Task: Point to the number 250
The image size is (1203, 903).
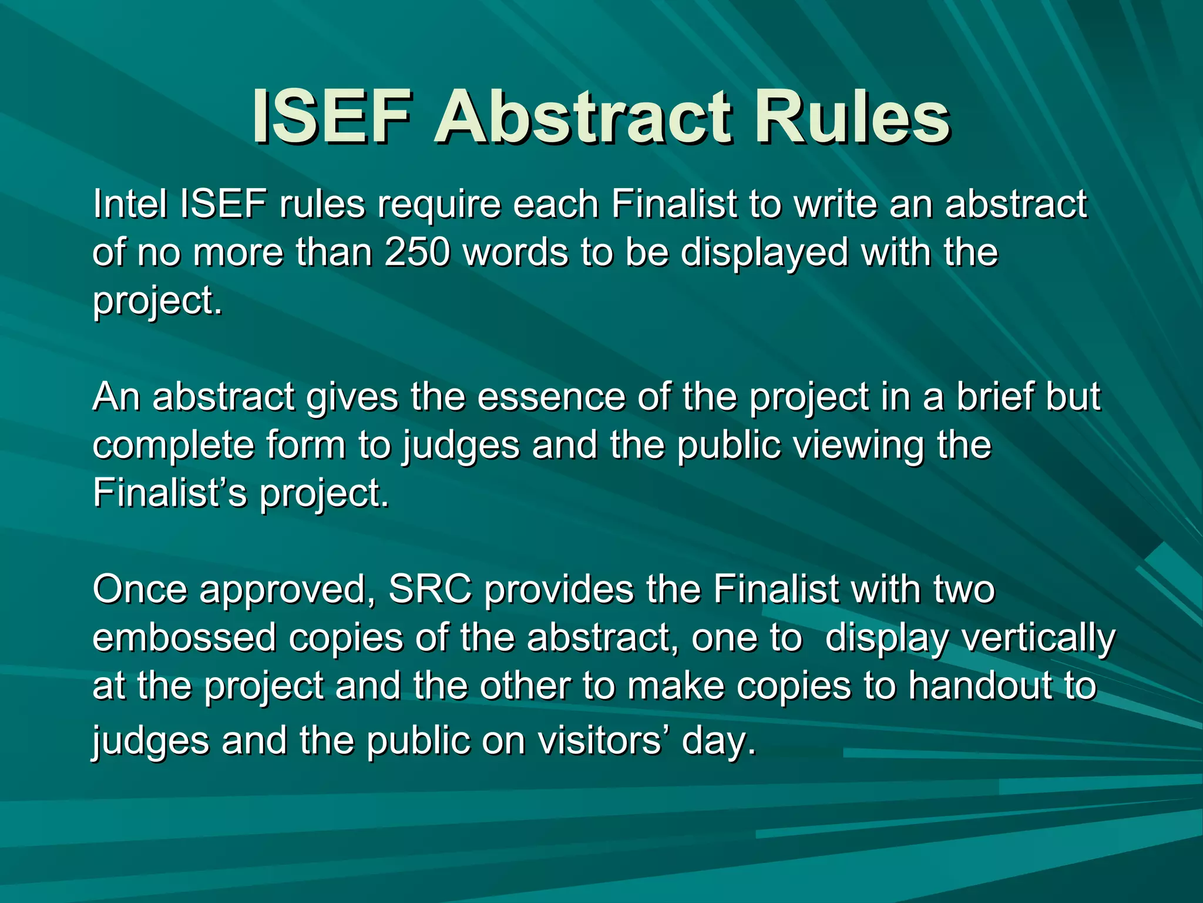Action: coord(418,252)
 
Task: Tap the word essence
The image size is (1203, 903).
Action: coord(552,397)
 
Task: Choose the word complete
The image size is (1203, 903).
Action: coord(173,446)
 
